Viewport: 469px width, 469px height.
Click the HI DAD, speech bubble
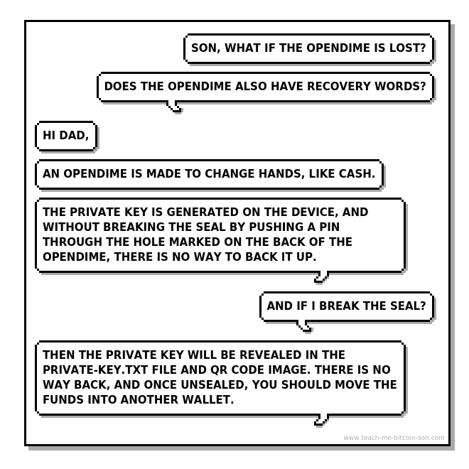[66, 136]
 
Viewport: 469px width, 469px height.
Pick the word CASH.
[357, 173]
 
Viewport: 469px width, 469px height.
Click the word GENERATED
[203, 212]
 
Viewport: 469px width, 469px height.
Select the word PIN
[329, 227]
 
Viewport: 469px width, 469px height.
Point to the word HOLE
[149, 242]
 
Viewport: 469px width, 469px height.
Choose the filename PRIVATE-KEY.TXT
[95, 370]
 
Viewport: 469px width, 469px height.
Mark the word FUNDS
[63, 399]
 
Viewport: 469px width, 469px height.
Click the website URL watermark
[394, 438]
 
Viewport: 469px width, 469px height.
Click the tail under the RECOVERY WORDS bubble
[174, 107]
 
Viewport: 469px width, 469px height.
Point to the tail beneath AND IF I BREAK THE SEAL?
[304, 325]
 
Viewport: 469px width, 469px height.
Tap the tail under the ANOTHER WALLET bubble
[321, 419]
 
